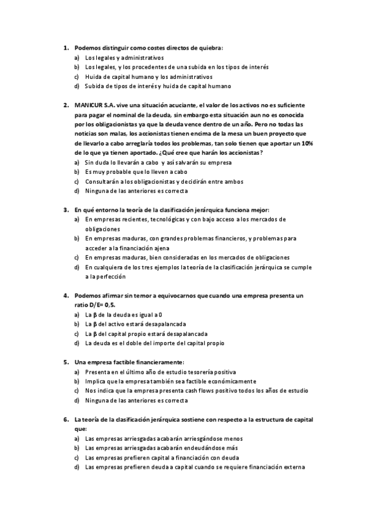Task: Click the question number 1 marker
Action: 65,47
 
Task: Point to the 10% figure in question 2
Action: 308,143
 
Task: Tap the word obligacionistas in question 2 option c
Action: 152,181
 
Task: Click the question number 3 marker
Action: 65,209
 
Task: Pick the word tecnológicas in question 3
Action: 166,219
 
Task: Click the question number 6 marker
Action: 65,420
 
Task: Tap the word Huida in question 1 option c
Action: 94,77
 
